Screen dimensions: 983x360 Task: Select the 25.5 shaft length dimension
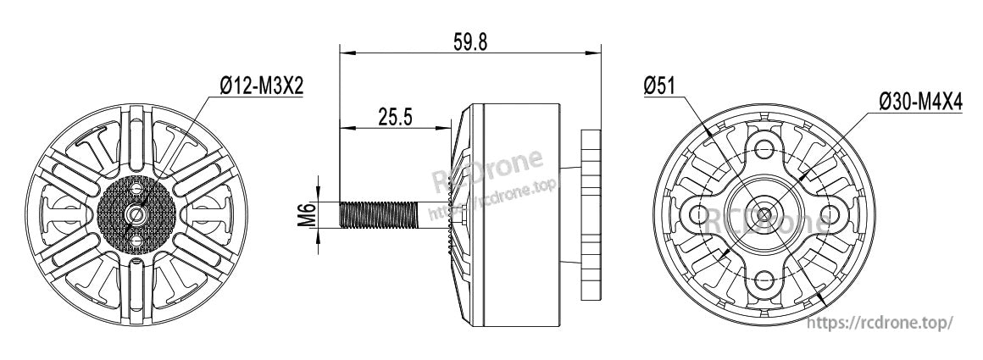point(395,116)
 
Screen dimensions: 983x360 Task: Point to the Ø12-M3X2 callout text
point(262,86)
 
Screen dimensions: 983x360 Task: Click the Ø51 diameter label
point(659,85)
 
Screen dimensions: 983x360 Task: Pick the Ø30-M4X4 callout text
point(921,102)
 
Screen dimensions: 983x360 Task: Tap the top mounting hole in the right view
point(764,149)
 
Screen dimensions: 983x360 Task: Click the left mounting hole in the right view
point(698,214)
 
